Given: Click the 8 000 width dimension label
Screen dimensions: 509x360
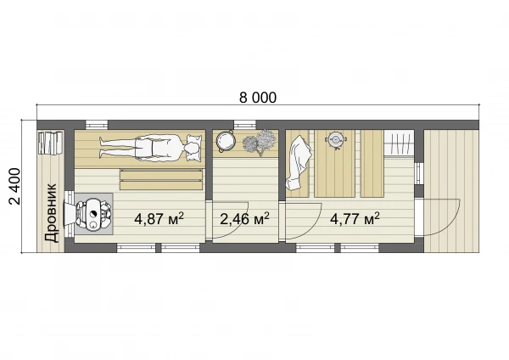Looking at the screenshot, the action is pyautogui.click(x=258, y=98).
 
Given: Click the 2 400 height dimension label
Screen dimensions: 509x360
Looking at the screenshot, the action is pyautogui.click(x=15, y=186).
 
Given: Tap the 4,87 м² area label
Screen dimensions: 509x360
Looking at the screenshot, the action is pyautogui.click(x=159, y=219).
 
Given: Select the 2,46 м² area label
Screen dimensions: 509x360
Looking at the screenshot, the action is pyautogui.click(x=244, y=219).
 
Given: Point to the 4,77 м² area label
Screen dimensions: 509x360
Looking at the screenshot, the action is pyautogui.click(x=355, y=219).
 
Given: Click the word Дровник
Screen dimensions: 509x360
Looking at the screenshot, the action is pyautogui.click(x=51, y=213).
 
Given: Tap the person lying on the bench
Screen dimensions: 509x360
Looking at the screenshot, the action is pyautogui.click(x=148, y=147).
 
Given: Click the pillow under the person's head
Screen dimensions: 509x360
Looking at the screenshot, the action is pyautogui.click(x=193, y=147).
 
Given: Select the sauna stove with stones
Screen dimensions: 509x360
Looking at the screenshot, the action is pyautogui.click(x=93, y=213).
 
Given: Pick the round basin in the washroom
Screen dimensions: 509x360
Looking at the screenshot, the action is pyautogui.click(x=226, y=140).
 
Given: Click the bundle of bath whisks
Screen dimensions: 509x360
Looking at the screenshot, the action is pyautogui.click(x=260, y=143).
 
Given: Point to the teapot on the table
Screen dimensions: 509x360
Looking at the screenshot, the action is pyautogui.click(x=336, y=140).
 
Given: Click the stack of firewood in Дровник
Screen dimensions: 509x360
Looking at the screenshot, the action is pyautogui.click(x=50, y=143).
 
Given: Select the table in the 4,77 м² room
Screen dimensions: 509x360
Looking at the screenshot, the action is pyautogui.click(x=335, y=163).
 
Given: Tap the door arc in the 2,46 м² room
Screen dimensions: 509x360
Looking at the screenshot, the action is pyautogui.click(x=237, y=225).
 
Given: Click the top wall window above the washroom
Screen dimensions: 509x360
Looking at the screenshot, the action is pyautogui.click(x=245, y=124).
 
